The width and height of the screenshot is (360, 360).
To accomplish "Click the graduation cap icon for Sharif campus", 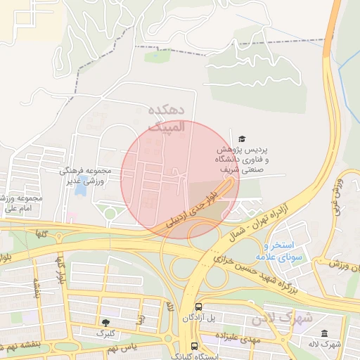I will pyautogui.click(x=243, y=139).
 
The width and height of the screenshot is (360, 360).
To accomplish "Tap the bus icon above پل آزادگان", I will pyautogui.click(x=199, y=307).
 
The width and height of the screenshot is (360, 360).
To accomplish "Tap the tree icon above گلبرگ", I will pyautogui.click(x=105, y=321).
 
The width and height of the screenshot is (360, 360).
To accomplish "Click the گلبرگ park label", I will pyautogui.click(x=105, y=333).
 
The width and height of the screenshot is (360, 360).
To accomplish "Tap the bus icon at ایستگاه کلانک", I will pyautogui.click(x=194, y=346).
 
